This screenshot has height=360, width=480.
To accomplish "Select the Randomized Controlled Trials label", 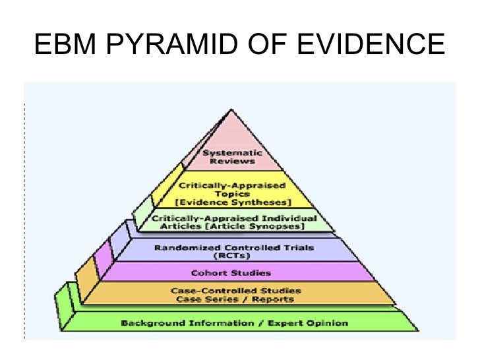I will tap(234, 248).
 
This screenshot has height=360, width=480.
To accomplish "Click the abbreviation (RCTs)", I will tap(234, 256).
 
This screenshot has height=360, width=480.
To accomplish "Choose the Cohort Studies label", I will tap(231, 273).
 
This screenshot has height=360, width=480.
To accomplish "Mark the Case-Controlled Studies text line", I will tap(236, 290).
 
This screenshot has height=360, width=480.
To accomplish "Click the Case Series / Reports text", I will tap(236, 299).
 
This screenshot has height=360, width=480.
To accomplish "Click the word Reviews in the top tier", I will tap(233, 162).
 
